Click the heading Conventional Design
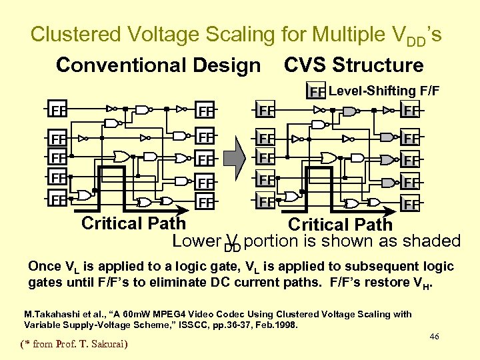tap(158, 65)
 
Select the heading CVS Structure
tap(353, 65)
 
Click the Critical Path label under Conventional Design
tap(133, 223)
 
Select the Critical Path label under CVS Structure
tap(340, 225)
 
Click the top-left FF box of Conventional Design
tap(58, 108)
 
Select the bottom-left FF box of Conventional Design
tap(58, 199)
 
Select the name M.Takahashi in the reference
tap(51, 314)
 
